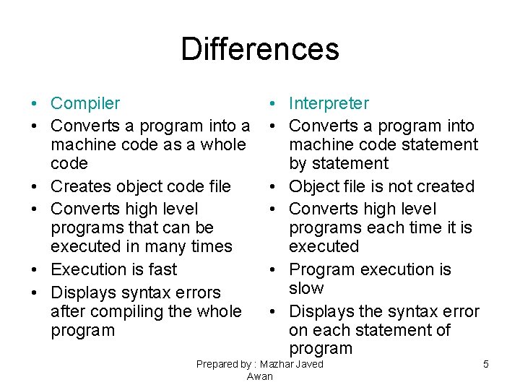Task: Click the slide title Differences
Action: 259,49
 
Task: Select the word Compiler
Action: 85,104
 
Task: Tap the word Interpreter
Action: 329,104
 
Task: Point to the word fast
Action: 162,269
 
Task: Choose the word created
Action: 443,186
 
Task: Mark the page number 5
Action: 486,364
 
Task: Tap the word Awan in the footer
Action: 259,376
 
